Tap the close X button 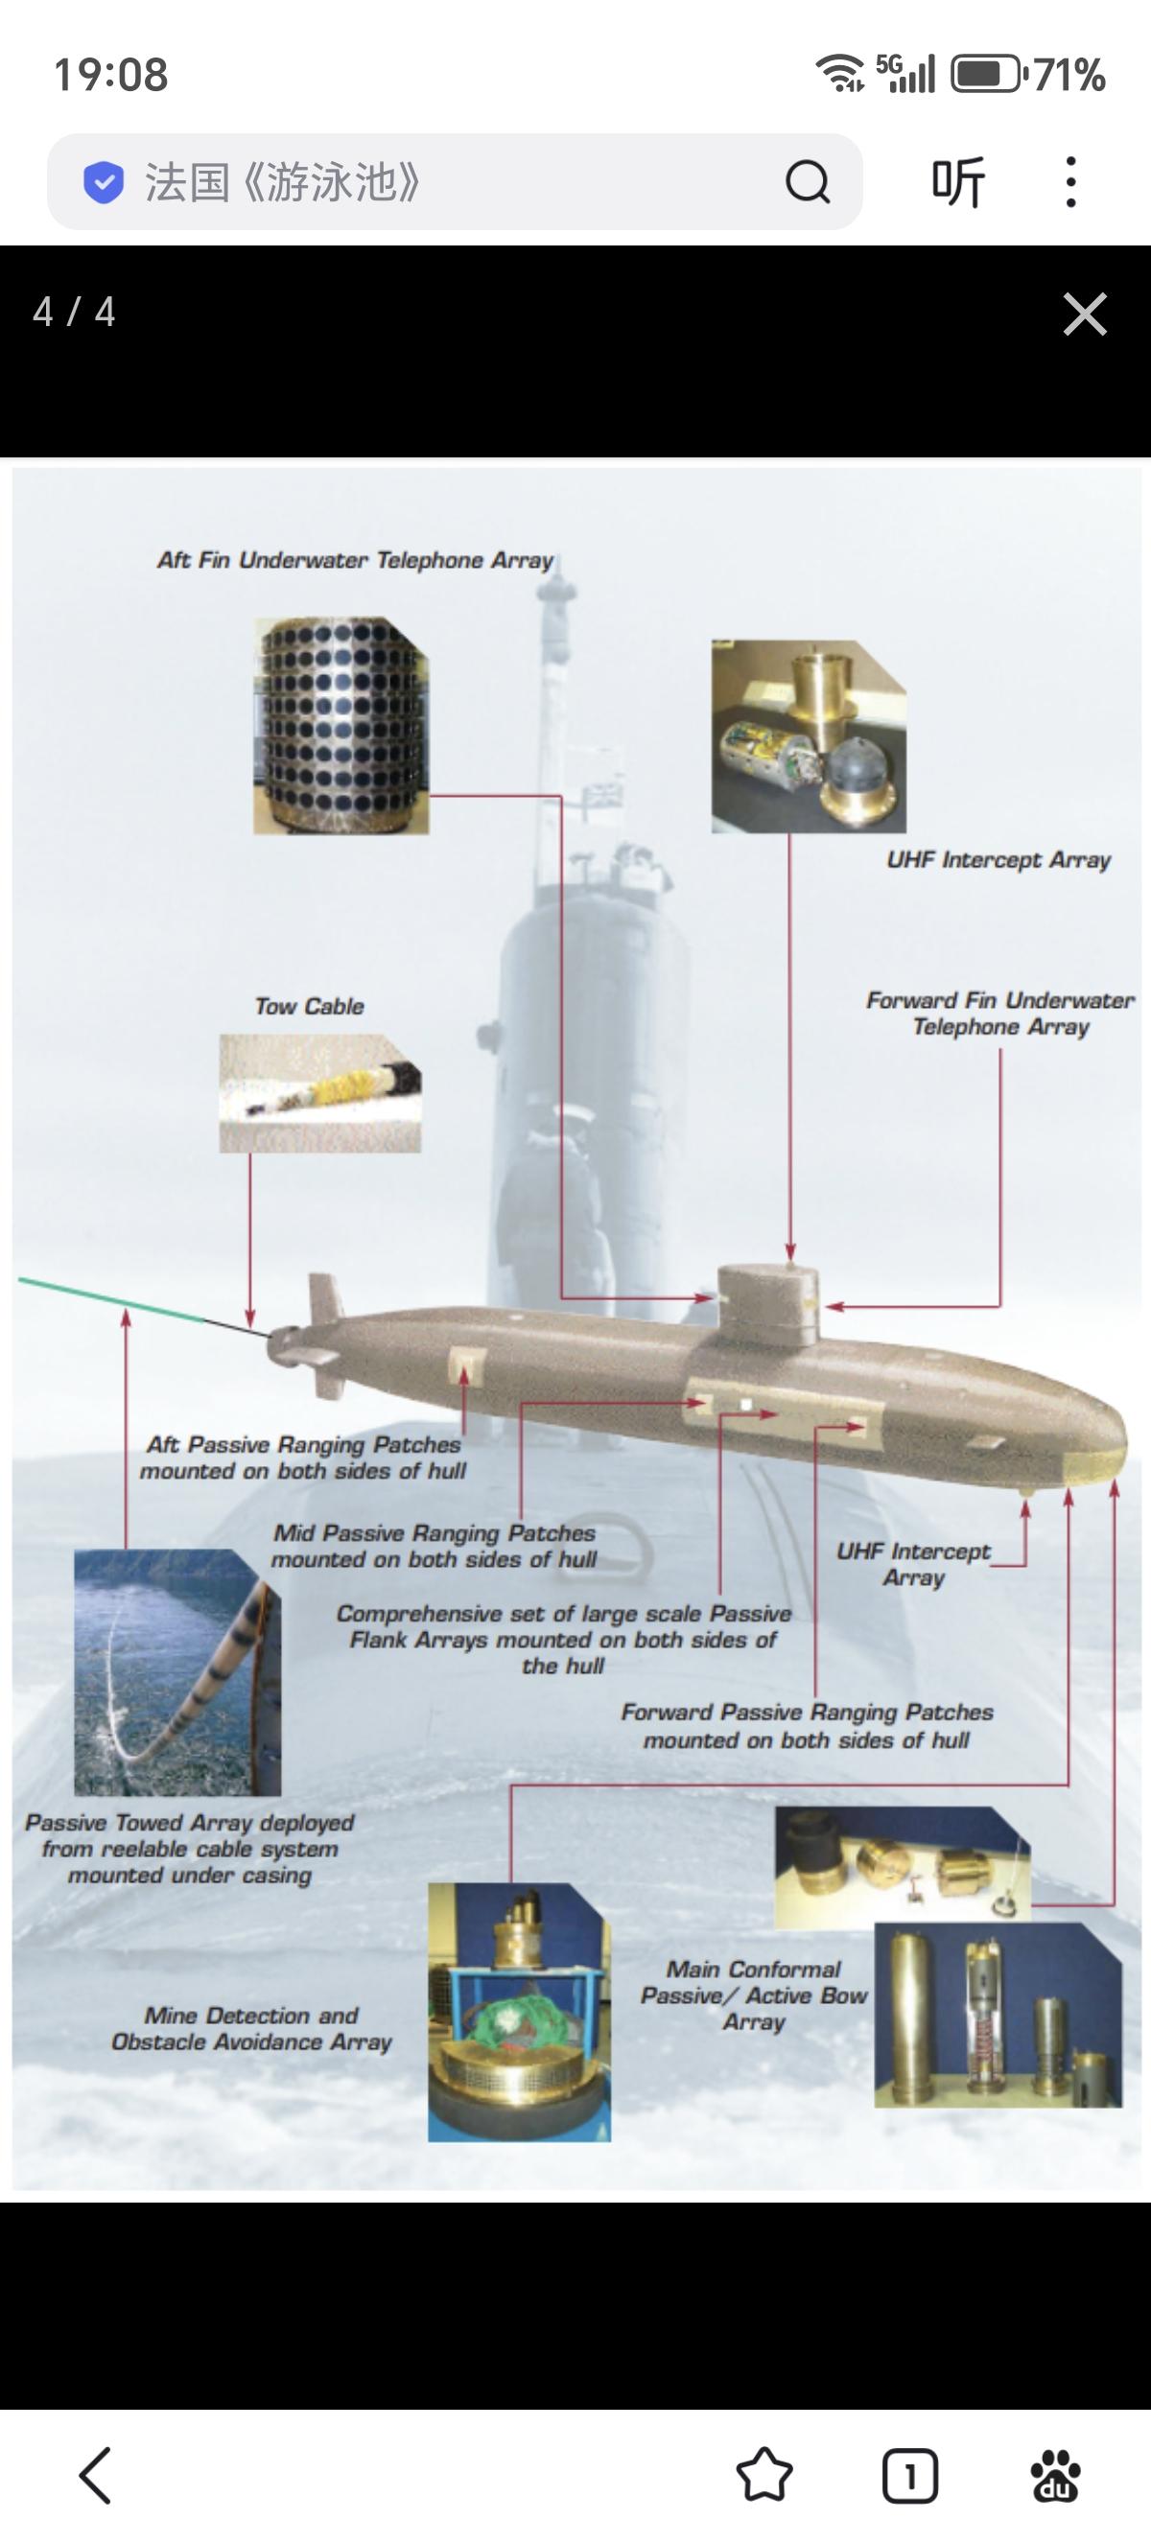tap(1084, 314)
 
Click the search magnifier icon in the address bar tap(807, 181)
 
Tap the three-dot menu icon tap(1071, 181)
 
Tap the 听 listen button tap(957, 181)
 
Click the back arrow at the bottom tap(95, 2475)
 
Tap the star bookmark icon tap(764, 2476)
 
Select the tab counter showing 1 tap(909, 2476)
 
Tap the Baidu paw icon tap(1055, 2476)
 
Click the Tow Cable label tap(309, 1006)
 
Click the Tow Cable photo tap(319, 1093)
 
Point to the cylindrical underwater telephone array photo tap(341, 726)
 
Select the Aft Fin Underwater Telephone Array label tap(355, 561)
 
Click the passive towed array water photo tap(177, 1672)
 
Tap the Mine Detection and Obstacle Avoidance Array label tap(251, 2029)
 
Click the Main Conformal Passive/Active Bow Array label tap(754, 1995)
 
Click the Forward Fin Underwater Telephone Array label tap(1000, 1014)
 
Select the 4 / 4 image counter tap(74, 313)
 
